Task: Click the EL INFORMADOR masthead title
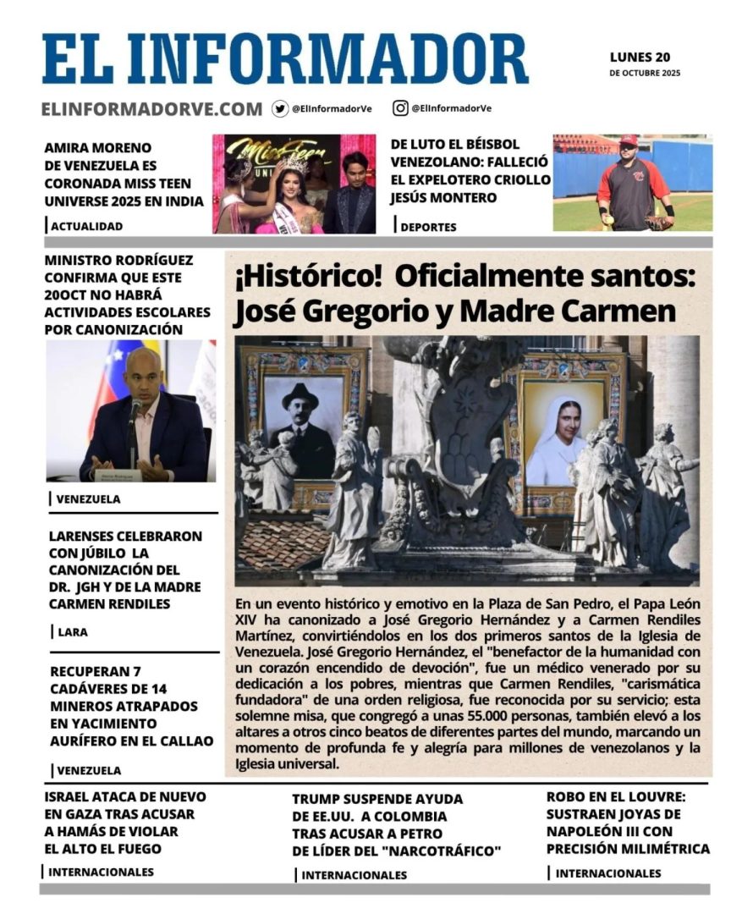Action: click(x=285, y=59)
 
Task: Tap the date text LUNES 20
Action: click(x=640, y=58)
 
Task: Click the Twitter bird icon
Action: click(x=280, y=108)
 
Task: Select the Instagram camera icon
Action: click(x=400, y=108)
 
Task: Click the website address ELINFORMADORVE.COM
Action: click(x=151, y=109)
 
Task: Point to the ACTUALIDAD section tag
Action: click(x=86, y=226)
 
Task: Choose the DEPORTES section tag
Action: click(x=428, y=227)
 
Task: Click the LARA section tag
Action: click(x=73, y=631)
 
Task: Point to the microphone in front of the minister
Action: click(x=135, y=412)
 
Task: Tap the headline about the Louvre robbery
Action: click(x=628, y=823)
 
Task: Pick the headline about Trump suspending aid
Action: click(x=397, y=824)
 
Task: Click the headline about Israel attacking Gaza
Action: click(x=124, y=823)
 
